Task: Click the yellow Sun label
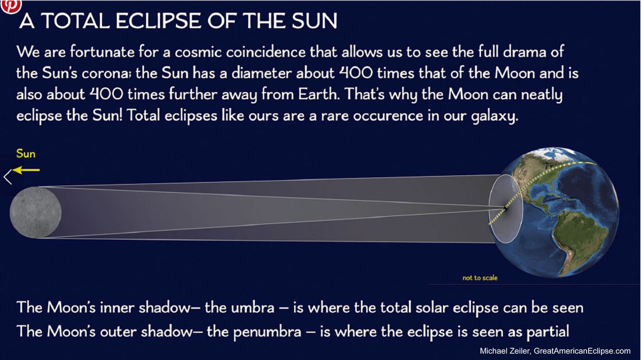pyautogui.click(x=26, y=154)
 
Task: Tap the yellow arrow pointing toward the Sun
pyautogui.click(x=27, y=170)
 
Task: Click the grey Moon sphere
pyautogui.click(x=36, y=212)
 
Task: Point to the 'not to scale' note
pyautogui.click(x=480, y=278)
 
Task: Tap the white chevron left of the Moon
pyautogui.click(x=7, y=177)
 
